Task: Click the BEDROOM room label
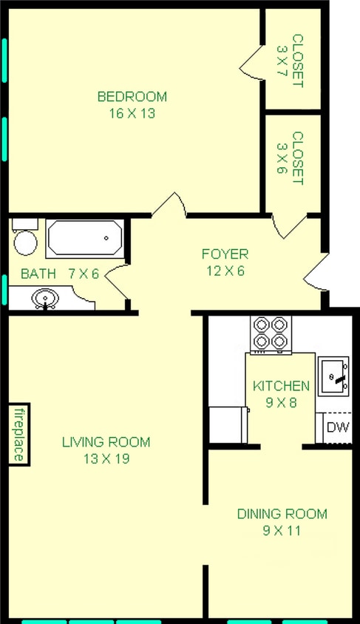(x=132, y=97)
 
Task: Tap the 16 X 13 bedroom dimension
(x=132, y=114)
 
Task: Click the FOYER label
(x=225, y=254)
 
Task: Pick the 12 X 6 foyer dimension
(x=225, y=271)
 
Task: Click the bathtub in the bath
(x=84, y=238)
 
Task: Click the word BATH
(x=38, y=274)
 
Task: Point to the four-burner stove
(x=271, y=333)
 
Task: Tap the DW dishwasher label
(x=338, y=427)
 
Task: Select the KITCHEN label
(x=281, y=386)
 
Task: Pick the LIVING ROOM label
(x=106, y=443)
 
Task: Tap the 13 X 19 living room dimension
(x=106, y=459)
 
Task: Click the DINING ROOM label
(x=282, y=515)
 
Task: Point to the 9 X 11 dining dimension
(x=282, y=531)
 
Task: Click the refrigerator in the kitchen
(x=228, y=424)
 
